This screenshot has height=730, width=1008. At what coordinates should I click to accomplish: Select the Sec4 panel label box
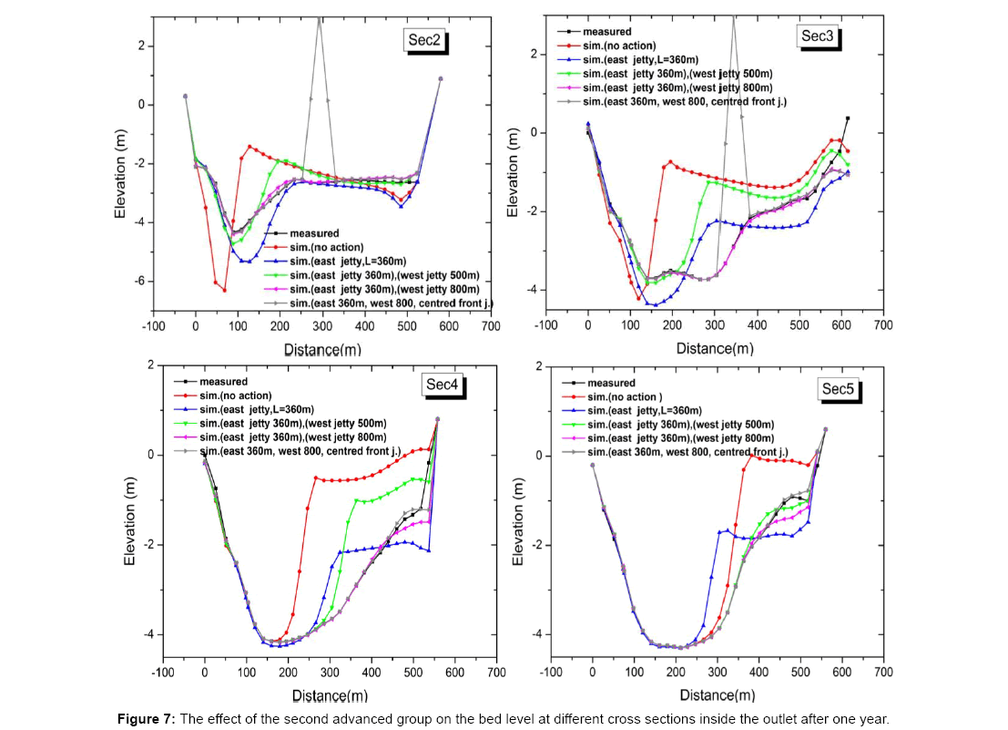tap(444, 385)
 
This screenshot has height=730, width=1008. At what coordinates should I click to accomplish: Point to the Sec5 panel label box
tap(837, 389)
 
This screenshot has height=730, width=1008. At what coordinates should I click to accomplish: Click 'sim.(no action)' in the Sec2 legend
tap(326, 247)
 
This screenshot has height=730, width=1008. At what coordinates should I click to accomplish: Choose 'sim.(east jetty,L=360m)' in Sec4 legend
tap(278, 411)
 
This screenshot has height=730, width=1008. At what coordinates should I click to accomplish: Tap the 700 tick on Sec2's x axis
tap(490, 325)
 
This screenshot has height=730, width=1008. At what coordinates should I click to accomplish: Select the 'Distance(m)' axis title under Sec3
tap(715, 348)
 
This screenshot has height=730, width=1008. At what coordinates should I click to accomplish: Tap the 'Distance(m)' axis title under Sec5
tap(715, 695)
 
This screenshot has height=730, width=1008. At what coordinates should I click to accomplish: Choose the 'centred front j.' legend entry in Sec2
tap(383, 302)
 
